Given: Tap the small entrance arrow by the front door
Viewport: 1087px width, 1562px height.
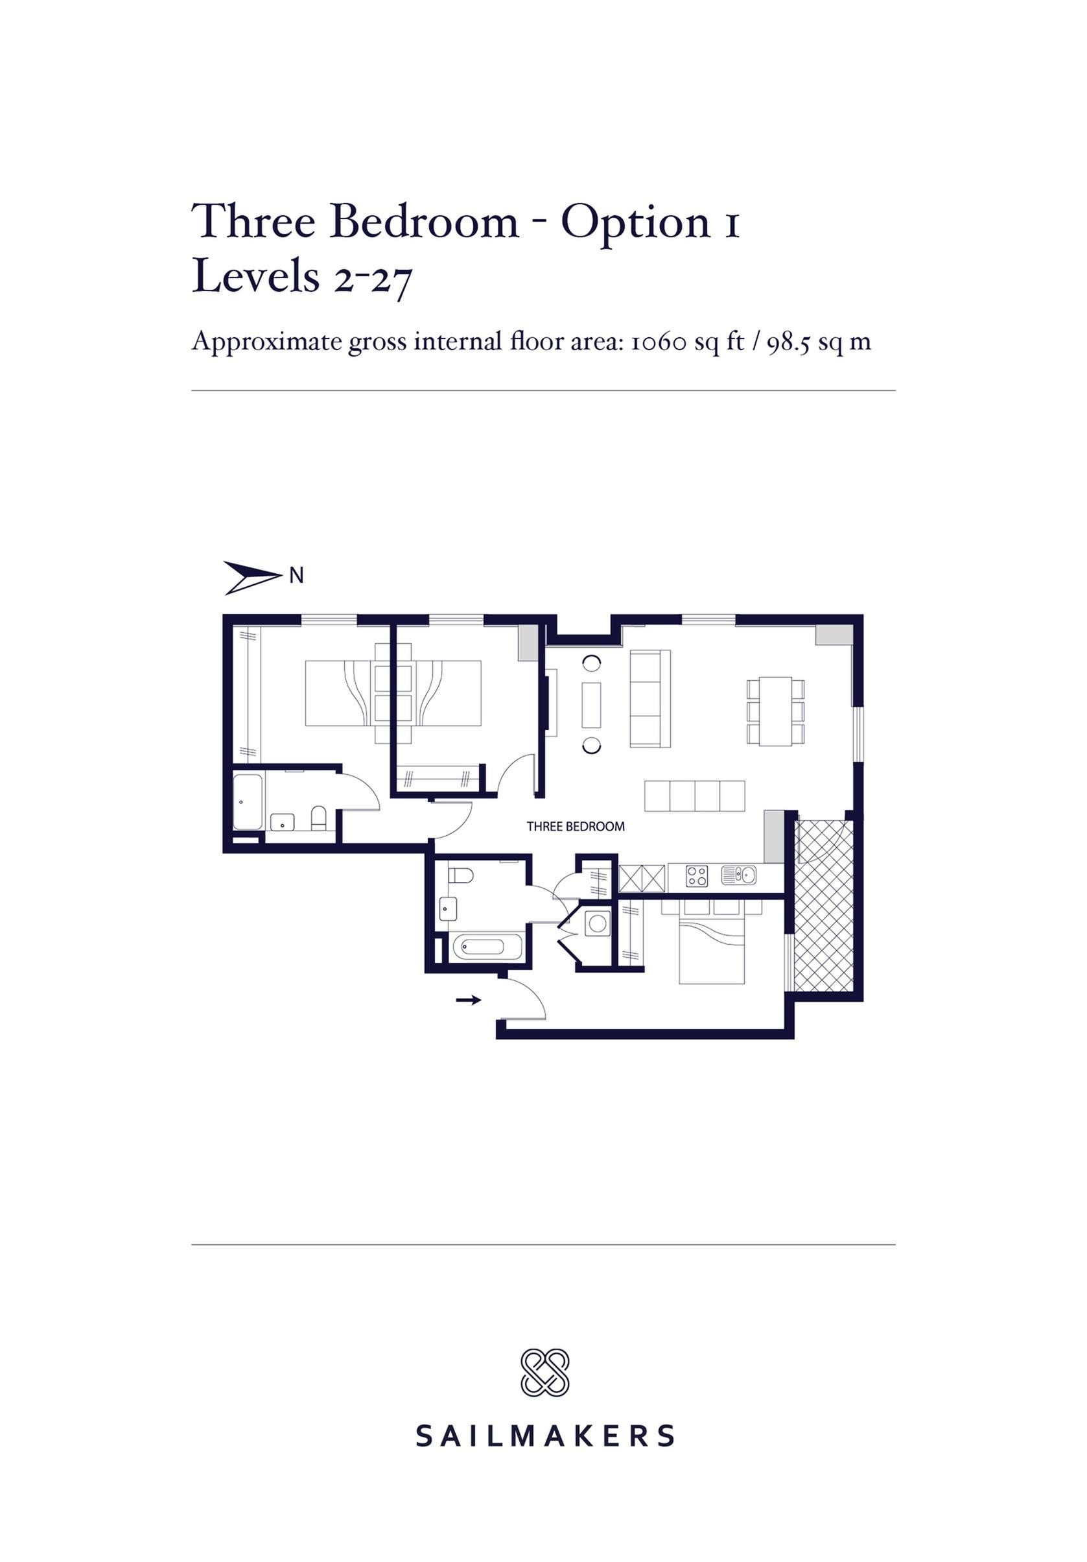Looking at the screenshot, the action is click(x=468, y=999).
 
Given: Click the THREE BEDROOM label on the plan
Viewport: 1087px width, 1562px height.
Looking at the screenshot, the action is click(x=576, y=827).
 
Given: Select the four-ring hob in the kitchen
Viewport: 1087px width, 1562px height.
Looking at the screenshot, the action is click(x=696, y=875).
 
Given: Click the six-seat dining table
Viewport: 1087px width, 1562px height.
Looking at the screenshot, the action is click(x=775, y=711).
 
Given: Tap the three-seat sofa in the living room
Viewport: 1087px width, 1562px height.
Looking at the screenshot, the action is click(x=649, y=699).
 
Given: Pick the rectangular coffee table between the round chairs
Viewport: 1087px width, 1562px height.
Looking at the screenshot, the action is click(x=591, y=705).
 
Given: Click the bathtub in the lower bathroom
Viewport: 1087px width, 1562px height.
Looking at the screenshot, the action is click(x=487, y=946).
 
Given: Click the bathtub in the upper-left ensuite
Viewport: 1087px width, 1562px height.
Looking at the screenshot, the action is click(x=248, y=802).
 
